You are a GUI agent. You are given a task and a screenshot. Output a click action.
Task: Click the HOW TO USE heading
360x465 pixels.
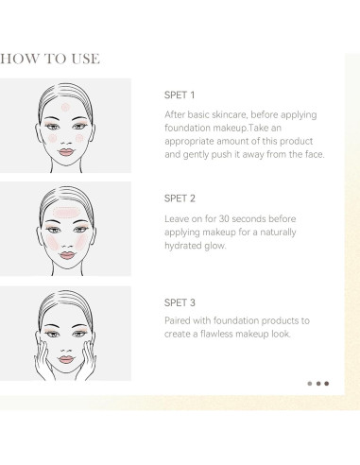coord(50,59)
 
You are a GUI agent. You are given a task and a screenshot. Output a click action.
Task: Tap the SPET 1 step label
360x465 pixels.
coord(180,95)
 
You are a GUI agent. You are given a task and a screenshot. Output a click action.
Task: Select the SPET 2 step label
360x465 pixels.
coord(180,198)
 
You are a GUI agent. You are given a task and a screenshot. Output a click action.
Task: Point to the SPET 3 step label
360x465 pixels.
coord(180,302)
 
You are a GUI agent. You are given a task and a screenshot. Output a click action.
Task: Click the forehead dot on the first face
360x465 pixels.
coord(65,107)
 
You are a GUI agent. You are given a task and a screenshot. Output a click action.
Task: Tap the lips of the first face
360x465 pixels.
coord(66,152)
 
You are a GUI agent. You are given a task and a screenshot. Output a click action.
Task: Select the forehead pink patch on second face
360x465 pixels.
coord(65,213)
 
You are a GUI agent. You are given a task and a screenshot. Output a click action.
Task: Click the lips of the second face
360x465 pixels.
coord(67,255)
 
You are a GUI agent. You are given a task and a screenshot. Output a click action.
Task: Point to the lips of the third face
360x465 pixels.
coord(66,359)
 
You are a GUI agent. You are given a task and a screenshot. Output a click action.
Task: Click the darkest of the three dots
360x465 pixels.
coord(327,384)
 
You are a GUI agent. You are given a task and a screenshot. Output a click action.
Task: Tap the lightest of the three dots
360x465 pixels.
coord(310,384)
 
